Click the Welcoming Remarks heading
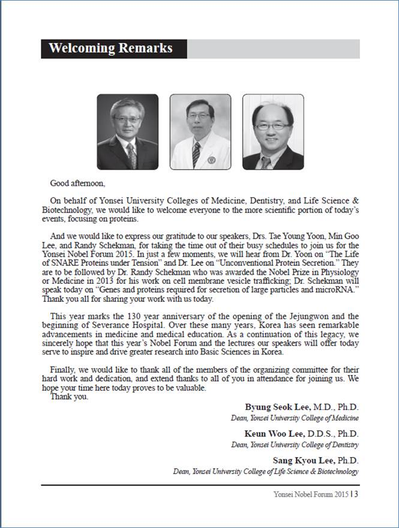110,49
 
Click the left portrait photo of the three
127,131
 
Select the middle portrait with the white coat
200,131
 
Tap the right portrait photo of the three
272,131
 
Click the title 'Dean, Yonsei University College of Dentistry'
295,445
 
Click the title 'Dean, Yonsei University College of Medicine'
295,418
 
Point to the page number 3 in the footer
356,494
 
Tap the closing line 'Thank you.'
69,397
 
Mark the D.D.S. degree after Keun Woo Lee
322,434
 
